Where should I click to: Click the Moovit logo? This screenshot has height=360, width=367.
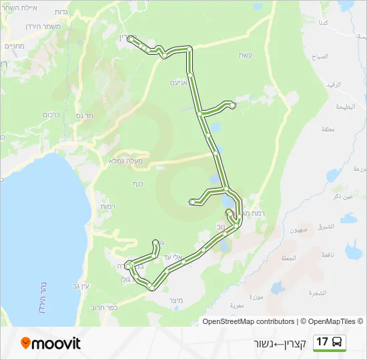click(x=51, y=343)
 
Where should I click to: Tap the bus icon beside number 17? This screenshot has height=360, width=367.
click(x=338, y=343)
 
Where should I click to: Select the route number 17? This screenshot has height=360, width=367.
click(x=323, y=343)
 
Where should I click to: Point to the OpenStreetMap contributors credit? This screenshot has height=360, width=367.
click(x=248, y=321)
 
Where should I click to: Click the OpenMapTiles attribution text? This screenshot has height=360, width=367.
click(x=332, y=321)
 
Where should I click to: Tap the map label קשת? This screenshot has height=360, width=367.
click(x=245, y=55)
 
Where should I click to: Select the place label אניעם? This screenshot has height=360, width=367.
click(x=177, y=83)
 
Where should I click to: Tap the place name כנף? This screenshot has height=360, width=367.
click(x=138, y=183)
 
